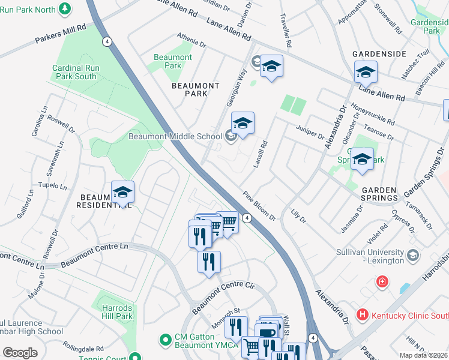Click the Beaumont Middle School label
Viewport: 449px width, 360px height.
pos(175,137)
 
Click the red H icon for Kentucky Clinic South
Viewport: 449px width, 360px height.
pos(362,314)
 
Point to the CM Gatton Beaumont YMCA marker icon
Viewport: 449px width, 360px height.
pos(166,341)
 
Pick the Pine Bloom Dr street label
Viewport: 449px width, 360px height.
pos(259,206)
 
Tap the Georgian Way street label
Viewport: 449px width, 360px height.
pos(237,88)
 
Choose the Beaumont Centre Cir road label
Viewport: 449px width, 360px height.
pos(220,298)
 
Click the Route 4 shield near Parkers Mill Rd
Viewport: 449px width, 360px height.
pos(106,41)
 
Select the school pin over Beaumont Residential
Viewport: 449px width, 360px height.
pos(122,193)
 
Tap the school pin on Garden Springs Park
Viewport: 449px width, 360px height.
pos(362,160)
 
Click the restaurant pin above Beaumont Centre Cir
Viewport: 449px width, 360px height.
pos(209,262)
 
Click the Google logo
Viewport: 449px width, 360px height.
pos(20,353)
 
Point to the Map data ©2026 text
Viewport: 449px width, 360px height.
pos(423,355)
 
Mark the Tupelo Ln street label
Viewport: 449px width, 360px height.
pos(52,186)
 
